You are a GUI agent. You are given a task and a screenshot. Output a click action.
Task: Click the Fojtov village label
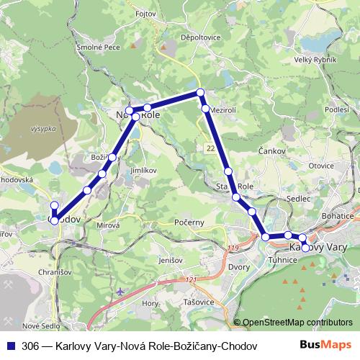tap(145, 12)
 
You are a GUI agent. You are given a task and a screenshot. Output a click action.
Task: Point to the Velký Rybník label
tap(315, 60)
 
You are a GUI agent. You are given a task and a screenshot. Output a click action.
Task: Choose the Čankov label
tap(271, 152)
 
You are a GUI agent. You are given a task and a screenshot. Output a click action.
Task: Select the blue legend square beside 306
tap(10, 346)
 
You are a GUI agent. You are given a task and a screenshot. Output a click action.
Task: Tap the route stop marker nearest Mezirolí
tap(205, 109)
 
